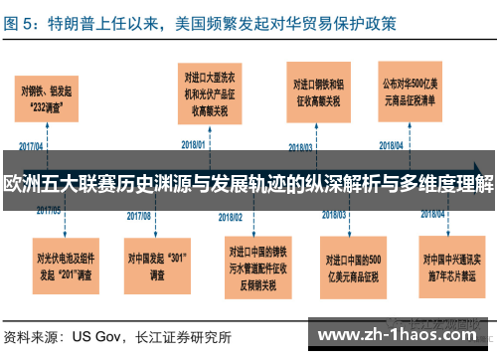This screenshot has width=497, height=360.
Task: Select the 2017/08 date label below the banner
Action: pos(139,214)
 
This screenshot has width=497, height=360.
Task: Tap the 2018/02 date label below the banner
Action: pos(236,212)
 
